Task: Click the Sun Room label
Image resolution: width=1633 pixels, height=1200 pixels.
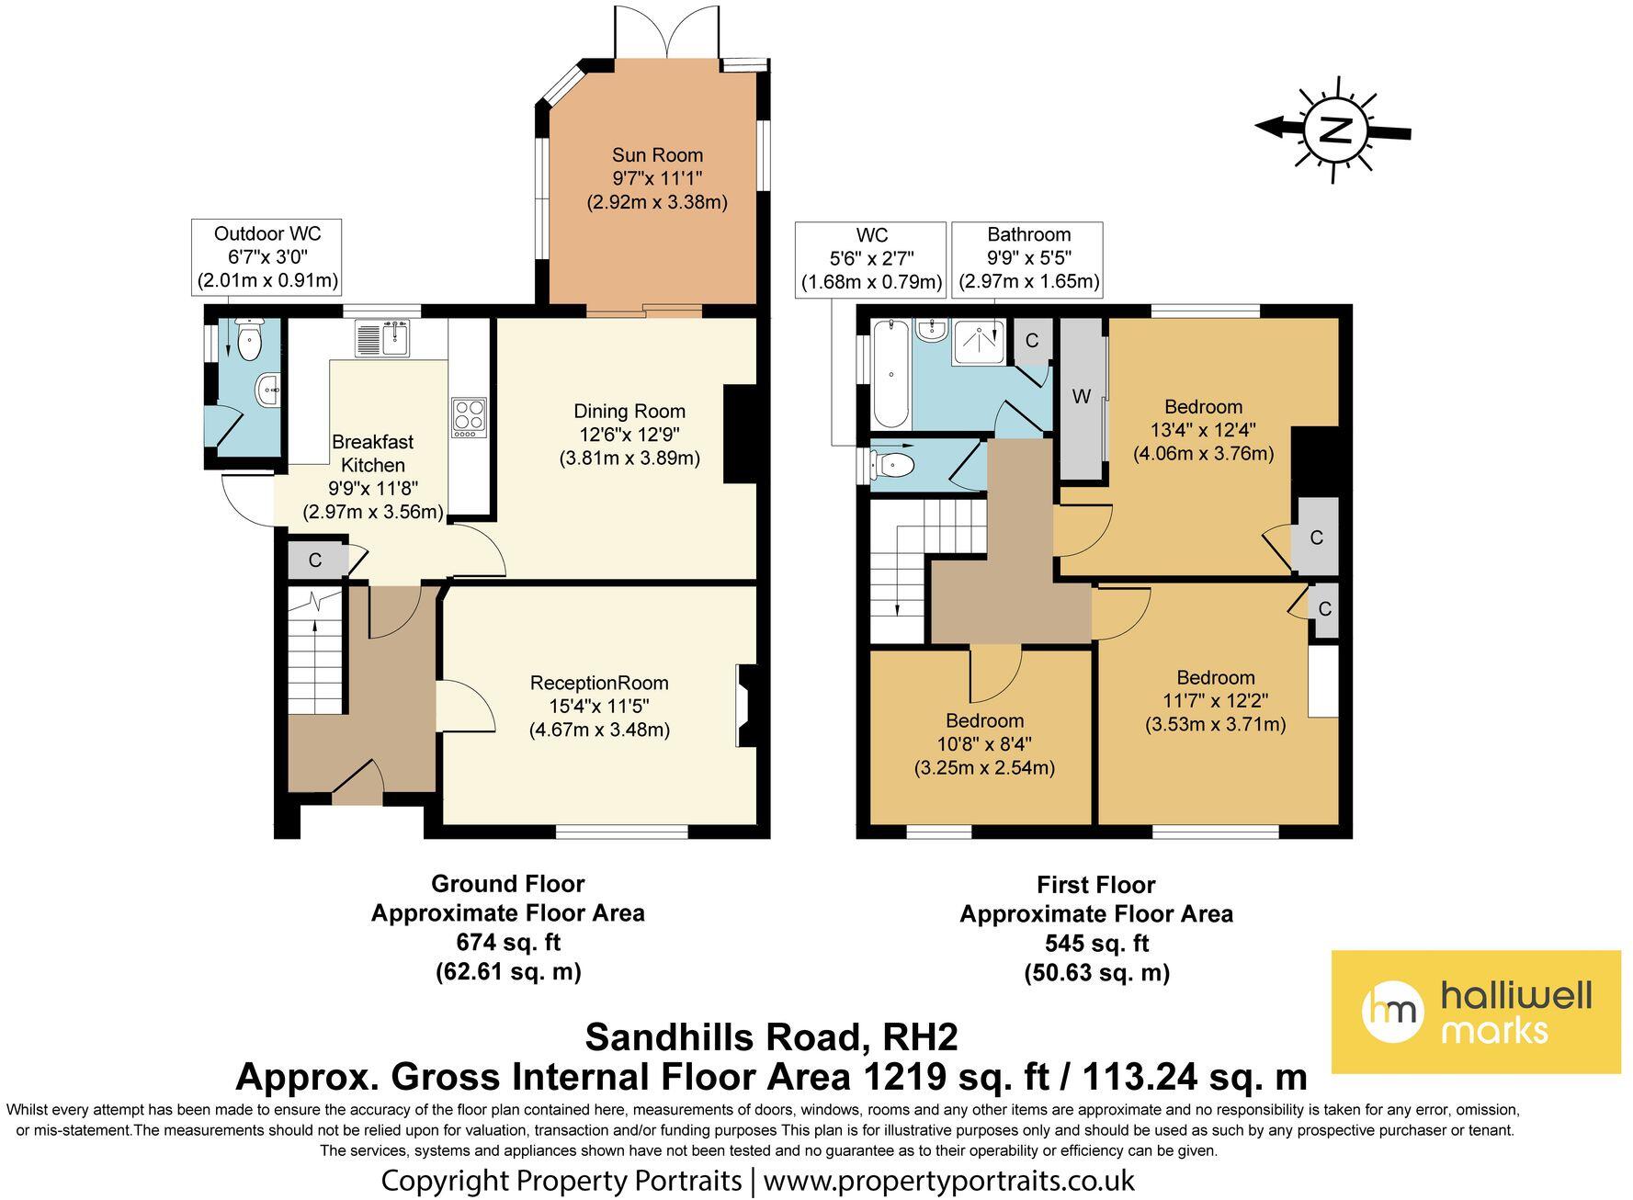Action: [x=657, y=155]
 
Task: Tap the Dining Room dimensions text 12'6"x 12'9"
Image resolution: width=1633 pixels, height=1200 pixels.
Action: [x=629, y=435]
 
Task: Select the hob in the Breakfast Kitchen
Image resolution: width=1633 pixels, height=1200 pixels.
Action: [x=469, y=417]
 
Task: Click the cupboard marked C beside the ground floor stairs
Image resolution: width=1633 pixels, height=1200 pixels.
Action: [x=315, y=560]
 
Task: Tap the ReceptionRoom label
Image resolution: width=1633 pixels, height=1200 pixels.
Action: [x=599, y=684]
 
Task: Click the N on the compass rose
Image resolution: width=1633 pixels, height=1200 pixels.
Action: [x=1333, y=130]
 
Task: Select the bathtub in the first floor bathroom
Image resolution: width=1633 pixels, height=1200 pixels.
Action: [x=890, y=374]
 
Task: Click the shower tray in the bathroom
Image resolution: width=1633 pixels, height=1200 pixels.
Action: [x=979, y=341]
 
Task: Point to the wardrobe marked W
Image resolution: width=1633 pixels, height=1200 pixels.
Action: [x=1083, y=398]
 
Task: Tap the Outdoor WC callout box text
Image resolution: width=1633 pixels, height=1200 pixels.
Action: [x=267, y=257]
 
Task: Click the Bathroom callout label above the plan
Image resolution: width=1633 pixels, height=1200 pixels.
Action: [x=1029, y=235]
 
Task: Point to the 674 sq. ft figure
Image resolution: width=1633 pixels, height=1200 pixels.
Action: [x=508, y=942]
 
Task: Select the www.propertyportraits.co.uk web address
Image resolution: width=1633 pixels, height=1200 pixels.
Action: [x=949, y=1180]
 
